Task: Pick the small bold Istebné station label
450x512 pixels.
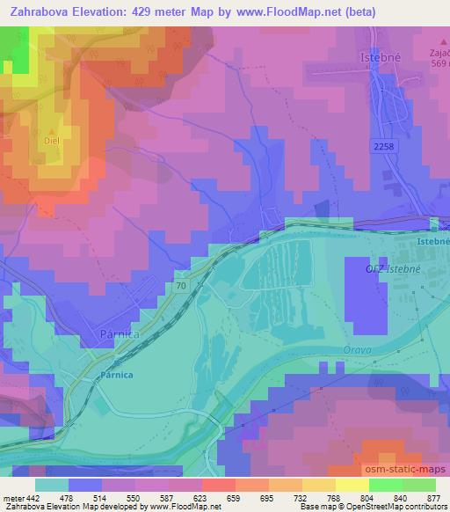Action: tap(432, 239)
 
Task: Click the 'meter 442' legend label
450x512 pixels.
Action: tap(22, 498)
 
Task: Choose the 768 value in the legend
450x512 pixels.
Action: tap(333, 498)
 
